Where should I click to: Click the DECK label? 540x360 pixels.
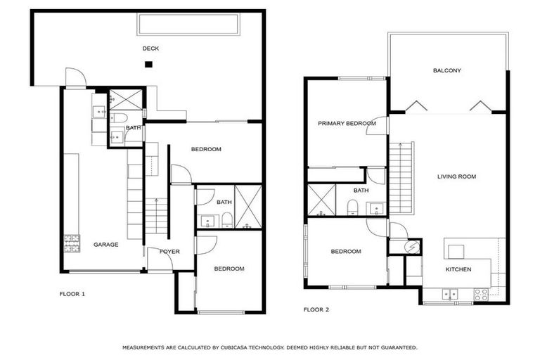[x=150, y=49]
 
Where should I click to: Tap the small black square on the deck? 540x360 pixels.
[x=148, y=65]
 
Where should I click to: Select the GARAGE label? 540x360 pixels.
[x=106, y=245]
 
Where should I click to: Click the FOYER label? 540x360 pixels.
[x=169, y=251]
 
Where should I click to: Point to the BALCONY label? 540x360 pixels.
[x=447, y=70]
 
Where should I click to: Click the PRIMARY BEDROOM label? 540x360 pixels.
[x=347, y=124]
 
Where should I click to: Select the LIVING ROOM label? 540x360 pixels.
[x=456, y=176]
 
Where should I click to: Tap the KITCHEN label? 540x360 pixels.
[x=458, y=269]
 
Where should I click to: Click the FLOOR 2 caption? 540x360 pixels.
[x=316, y=309]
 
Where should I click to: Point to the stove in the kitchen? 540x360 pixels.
[x=481, y=295]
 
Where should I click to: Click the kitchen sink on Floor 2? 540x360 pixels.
[x=449, y=294]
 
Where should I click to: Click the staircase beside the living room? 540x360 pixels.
[x=401, y=176]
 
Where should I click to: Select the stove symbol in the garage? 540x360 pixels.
[x=70, y=243]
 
